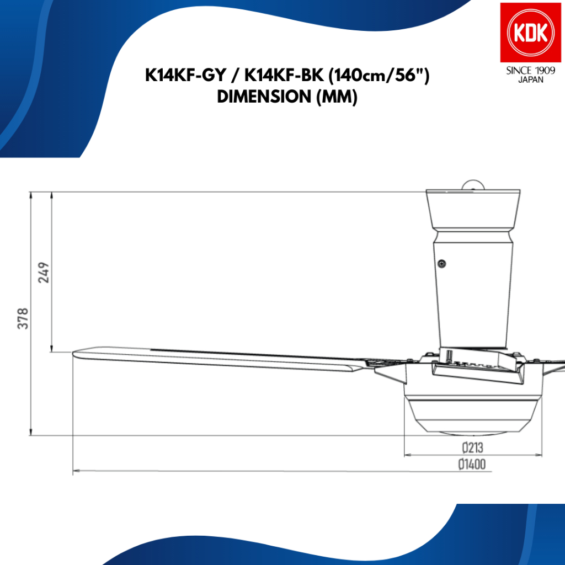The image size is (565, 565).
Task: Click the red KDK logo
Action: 530,33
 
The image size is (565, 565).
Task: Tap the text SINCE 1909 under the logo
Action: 530,71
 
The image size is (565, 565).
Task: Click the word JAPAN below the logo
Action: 530,79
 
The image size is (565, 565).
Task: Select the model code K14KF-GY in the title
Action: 185,76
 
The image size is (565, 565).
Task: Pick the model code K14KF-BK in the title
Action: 284,76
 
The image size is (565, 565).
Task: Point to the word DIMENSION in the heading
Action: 264,97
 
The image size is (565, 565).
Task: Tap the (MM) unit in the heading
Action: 337,97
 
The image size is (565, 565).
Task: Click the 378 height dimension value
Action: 23,318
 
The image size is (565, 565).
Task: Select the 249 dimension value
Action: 44,273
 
